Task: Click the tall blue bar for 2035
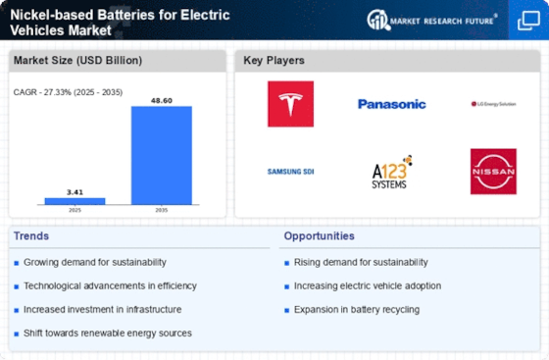pos(162,155)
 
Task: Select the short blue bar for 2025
pos(75,200)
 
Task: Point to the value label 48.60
pos(162,100)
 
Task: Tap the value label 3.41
pos(75,191)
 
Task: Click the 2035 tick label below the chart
pos(162,211)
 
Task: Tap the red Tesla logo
pos(291,103)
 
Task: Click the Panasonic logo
pos(391,104)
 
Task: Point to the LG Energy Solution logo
pos(492,104)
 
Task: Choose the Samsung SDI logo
pos(291,172)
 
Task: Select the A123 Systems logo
pos(392,172)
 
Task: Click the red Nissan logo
pos(493,172)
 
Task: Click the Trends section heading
pos(32,236)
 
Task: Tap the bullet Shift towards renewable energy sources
pos(110,333)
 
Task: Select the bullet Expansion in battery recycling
pos(357,309)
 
